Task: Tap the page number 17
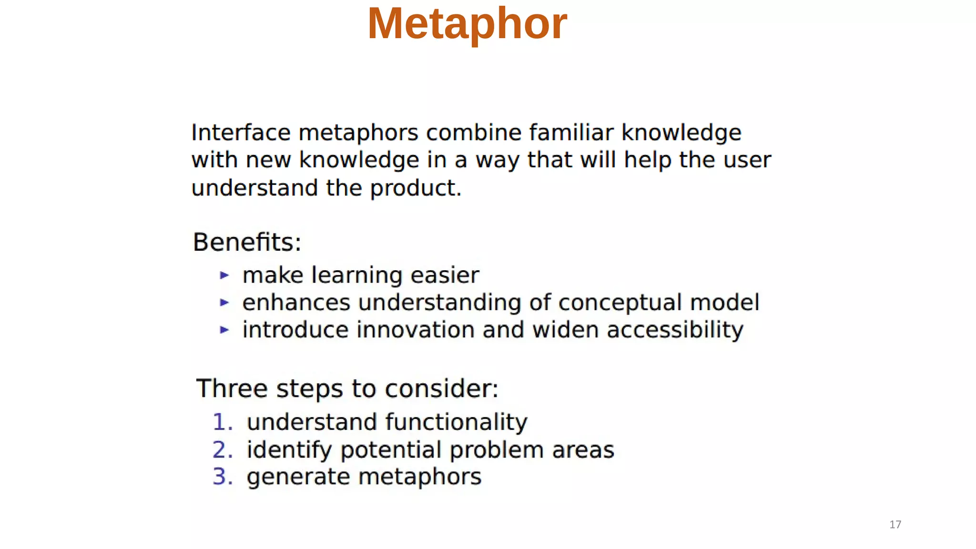pos(895,525)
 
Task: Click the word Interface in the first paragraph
pos(241,132)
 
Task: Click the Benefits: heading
pos(247,242)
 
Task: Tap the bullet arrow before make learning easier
pos(224,275)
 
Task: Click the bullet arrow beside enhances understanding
pos(224,302)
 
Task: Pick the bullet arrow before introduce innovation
pos(224,329)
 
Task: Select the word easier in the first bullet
pos(444,275)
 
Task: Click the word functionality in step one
pos(456,422)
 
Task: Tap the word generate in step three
pos(298,477)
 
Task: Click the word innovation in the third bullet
pos(415,330)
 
